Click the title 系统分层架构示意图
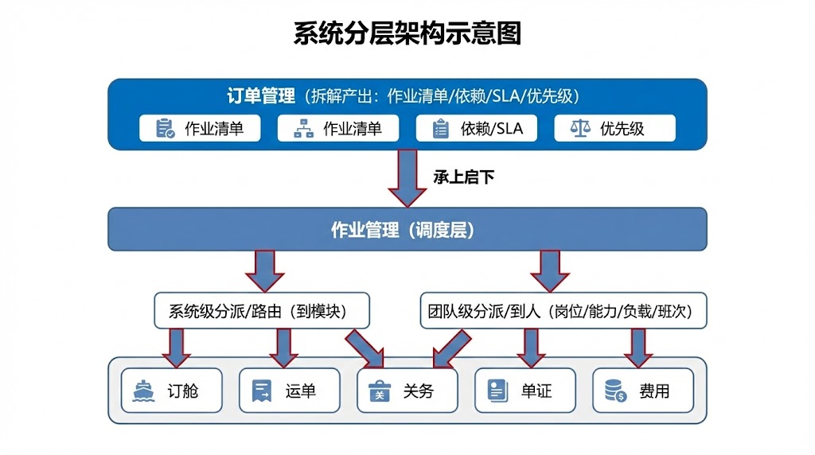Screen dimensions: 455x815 click(x=407, y=34)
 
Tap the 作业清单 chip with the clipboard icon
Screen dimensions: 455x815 click(x=200, y=128)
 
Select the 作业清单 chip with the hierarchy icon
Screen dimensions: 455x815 click(x=338, y=128)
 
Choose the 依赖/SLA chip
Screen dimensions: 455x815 click(x=476, y=128)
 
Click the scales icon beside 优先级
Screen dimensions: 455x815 click(x=582, y=128)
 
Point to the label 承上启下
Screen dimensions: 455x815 click(x=463, y=177)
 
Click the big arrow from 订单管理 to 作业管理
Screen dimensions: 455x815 click(x=407, y=178)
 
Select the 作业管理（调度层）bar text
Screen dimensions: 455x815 click(x=407, y=230)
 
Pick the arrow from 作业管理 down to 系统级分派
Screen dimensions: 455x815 click(x=264, y=270)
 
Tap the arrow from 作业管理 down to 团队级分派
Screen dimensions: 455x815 click(x=550, y=270)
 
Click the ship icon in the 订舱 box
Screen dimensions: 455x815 click(x=144, y=391)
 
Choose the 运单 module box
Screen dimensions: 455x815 click(x=289, y=391)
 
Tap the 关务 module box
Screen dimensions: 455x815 click(x=407, y=391)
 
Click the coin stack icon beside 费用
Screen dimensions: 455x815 click(x=615, y=391)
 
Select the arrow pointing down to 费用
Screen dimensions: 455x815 click(x=638, y=347)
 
